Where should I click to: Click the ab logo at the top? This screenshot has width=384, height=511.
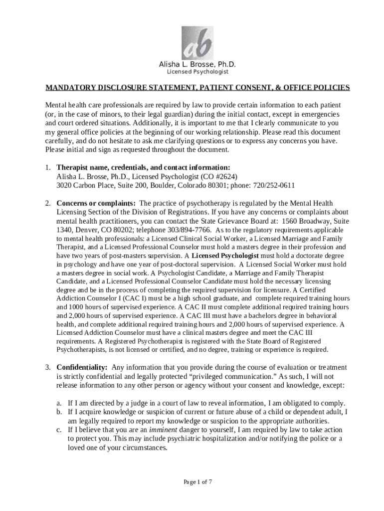pyautogui.click(x=197, y=43)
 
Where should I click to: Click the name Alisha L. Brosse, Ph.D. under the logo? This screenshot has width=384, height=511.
pyautogui.click(x=197, y=65)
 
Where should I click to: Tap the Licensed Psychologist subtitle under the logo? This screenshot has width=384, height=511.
pyautogui.click(x=197, y=72)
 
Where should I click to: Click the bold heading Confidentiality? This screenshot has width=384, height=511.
pyautogui.click(x=82, y=367)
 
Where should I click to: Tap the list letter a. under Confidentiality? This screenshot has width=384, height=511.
pyautogui.click(x=59, y=403)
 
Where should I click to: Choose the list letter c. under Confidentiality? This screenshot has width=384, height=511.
pyautogui.click(x=59, y=430)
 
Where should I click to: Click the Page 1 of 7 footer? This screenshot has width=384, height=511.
pyautogui.click(x=198, y=482)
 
